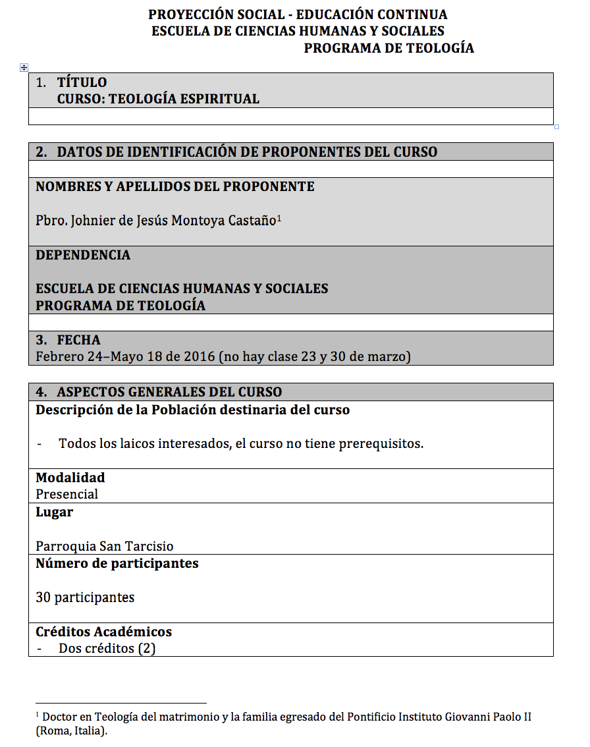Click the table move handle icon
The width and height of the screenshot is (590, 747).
[x=24, y=67]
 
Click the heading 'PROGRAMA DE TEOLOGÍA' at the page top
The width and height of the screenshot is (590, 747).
[x=389, y=48]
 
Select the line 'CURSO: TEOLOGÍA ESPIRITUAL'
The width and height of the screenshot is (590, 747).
[x=158, y=99]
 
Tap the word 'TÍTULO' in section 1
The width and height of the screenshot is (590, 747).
[x=82, y=82]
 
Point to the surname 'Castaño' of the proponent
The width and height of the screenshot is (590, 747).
[x=252, y=221]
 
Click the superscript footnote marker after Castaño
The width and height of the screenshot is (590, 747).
[x=279, y=217]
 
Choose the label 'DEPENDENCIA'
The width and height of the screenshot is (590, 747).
[x=83, y=255]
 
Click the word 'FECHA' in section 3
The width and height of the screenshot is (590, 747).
[x=78, y=340]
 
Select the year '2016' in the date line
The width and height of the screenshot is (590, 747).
[x=200, y=357]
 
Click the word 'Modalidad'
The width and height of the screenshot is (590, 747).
[x=70, y=478]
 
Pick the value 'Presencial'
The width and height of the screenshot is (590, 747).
[x=67, y=494]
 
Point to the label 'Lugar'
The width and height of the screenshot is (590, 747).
[x=54, y=512]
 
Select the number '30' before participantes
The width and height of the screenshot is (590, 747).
[x=43, y=597]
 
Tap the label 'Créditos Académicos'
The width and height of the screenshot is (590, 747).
[x=103, y=632]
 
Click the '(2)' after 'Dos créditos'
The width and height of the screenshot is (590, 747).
[x=146, y=648]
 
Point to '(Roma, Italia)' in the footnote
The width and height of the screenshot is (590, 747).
[x=71, y=731]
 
